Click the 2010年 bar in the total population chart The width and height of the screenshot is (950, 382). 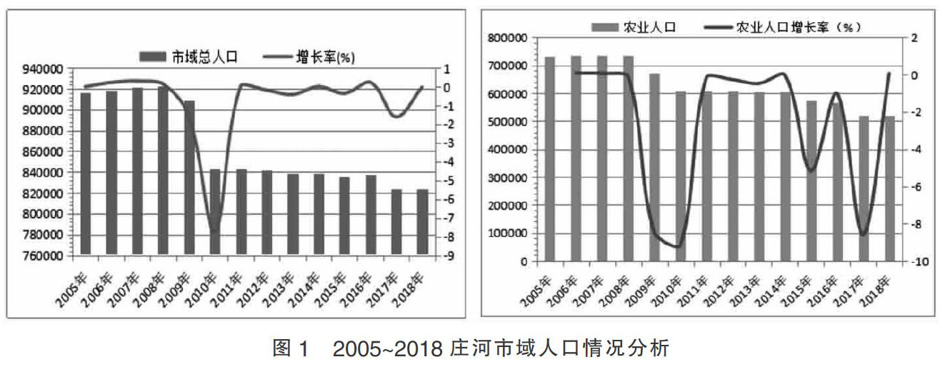click(x=215, y=211)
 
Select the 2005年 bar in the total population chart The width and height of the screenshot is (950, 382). click(x=85, y=174)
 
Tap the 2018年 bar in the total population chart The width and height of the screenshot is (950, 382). click(x=422, y=221)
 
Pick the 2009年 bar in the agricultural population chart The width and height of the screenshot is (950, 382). click(x=654, y=167)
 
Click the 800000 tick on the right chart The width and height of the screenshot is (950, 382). click(x=508, y=38)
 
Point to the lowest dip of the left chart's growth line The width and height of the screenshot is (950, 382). click(x=215, y=231)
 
